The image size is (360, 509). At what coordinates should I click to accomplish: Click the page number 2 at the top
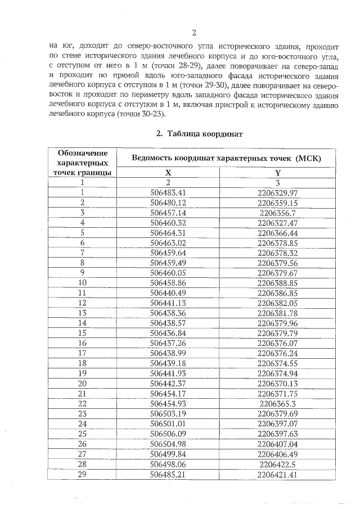pyautogui.click(x=192, y=32)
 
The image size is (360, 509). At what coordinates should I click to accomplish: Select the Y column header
pyautogui.click(x=277, y=173)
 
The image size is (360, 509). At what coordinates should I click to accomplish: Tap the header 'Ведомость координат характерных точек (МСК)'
pyautogui.click(x=226, y=158)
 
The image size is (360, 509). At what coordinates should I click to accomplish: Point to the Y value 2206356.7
pyautogui.click(x=277, y=213)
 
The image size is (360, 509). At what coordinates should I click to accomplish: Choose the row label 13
pyautogui.click(x=82, y=313)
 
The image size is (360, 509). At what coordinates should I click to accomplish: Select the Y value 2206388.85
pyautogui.click(x=277, y=283)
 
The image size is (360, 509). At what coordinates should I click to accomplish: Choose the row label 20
pyautogui.click(x=82, y=384)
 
